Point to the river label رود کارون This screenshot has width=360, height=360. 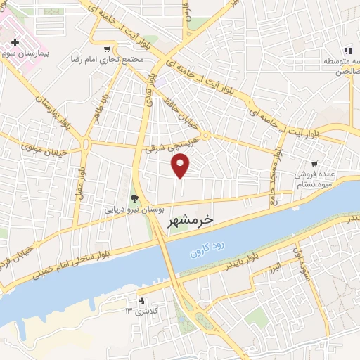pyautogui.click(x=207, y=247)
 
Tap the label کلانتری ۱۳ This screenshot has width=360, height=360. pyautogui.click(x=142, y=310)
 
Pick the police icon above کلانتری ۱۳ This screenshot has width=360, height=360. pyautogui.click(x=142, y=299)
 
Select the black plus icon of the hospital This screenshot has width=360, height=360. pyautogui.click(x=15, y=42)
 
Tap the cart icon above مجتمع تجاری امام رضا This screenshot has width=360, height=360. pyautogui.click(x=106, y=49)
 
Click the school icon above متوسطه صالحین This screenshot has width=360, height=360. pyautogui.click(x=347, y=50)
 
